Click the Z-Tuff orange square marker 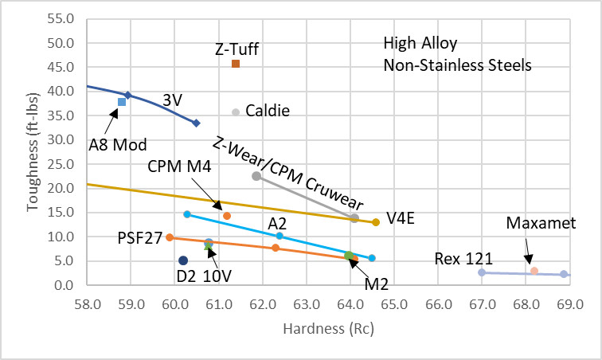[x=236, y=64]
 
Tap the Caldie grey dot [x=236, y=112]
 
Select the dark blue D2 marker [x=183, y=260]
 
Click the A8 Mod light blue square [x=122, y=102]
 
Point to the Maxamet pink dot [x=534, y=271]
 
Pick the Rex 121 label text [x=464, y=258]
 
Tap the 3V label [x=173, y=100]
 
